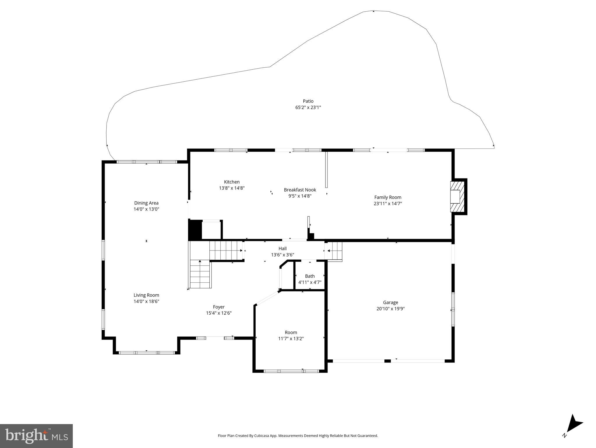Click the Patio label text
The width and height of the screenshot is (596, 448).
click(308, 101)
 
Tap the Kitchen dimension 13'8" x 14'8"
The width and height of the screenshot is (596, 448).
click(232, 188)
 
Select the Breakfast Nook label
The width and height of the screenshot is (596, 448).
click(300, 190)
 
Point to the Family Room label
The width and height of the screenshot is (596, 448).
click(388, 197)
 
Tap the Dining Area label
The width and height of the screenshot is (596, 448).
click(146, 203)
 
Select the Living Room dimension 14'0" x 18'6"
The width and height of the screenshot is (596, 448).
click(146, 302)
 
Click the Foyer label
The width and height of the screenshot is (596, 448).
click(219, 307)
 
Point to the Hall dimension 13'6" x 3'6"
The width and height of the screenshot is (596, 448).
click(282, 255)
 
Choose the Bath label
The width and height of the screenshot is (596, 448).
click(310, 276)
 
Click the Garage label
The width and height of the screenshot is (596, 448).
click(390, 302)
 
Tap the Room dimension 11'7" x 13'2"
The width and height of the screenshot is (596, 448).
click(291, 339)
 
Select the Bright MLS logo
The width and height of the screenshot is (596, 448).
click(36, 436)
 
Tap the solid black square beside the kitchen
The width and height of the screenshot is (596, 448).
click(195, 230)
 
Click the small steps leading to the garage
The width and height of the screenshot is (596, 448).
click(335, 251)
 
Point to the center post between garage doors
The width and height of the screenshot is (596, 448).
click(387, 361)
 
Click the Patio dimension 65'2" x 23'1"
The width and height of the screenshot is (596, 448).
click(308, 108)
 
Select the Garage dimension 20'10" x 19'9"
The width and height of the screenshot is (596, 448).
click(390, 309)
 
